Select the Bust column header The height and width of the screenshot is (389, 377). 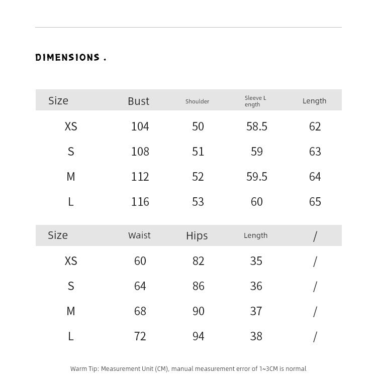(x=138, y=101)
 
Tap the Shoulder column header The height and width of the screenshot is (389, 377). (x=197, y=101)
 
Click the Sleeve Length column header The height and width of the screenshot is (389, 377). (x=255, y=101)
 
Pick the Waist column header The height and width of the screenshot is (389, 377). (x=139, y=235)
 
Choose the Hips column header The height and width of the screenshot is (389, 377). (x=197, y=236)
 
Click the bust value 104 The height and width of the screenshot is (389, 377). (x=140, y=126)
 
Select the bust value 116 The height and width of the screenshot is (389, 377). (x=140, y=202)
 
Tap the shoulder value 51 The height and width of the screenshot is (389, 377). (x=198, y=152)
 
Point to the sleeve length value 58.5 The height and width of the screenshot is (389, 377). (x=256, y=126)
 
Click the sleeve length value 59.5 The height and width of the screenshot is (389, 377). (x=256, y=177)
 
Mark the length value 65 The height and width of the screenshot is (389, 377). (x=315, y=202)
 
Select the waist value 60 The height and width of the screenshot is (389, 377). (x=140, y=261)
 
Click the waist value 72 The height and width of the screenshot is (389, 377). (x=140, y=336)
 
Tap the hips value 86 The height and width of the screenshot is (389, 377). (x=198, y=286)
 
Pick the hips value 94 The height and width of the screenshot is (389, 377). (x=198, y=336)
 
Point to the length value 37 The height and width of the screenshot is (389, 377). (x=256, y=311)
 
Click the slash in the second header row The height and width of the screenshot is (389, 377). (x=315, y=236)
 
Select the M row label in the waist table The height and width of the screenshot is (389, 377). (x=71, y=311)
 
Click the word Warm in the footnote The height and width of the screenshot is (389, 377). (x=78, y=369)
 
